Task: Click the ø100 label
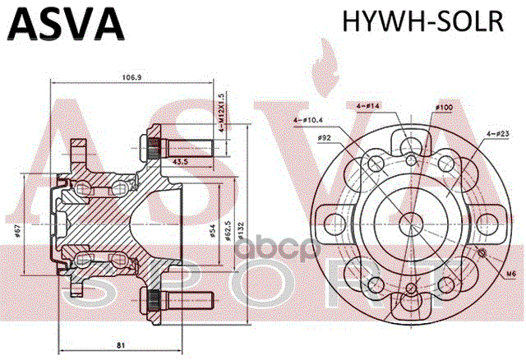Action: coord(444,108)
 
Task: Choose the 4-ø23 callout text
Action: coord(496,133)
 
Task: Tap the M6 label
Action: coord(510,274)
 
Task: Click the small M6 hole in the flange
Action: coord(482,253)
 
